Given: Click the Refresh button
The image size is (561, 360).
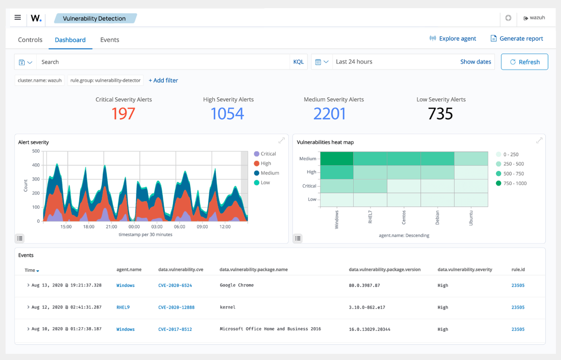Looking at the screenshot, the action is point(525,62).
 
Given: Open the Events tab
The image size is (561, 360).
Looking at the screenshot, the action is point(109,40).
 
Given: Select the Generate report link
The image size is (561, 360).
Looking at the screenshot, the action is point(517,39).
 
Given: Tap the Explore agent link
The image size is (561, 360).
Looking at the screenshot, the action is point(453,39).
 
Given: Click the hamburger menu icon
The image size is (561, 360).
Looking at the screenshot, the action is point(18,18).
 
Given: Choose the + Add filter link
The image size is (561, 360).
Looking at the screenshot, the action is point(163,81).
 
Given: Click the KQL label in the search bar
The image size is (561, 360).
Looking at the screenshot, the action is point(298,62).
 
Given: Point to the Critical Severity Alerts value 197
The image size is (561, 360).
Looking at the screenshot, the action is point(123,114).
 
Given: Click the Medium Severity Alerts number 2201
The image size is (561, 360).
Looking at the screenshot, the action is point(330,114).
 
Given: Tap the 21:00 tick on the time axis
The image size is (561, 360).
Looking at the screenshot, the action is point(111,227).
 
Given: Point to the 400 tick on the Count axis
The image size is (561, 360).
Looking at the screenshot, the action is point(36,165).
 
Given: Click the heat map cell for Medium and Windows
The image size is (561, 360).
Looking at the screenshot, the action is point(337,158).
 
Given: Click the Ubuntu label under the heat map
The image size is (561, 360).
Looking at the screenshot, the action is point(471,218).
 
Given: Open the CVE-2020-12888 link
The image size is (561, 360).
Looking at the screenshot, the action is point(176,308).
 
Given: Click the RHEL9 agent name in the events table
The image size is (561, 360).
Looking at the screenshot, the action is point(123,308).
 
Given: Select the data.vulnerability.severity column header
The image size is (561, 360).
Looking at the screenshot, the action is point(465,269).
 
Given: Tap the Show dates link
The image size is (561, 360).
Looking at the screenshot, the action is point(475,62).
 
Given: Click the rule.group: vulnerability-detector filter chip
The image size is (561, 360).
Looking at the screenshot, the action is point(105,81).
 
